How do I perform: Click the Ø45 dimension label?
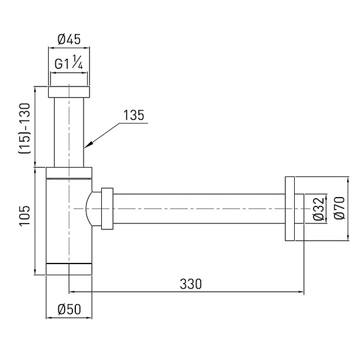pyautogui.click(x=69, y=39)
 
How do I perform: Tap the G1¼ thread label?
pyautogui.click(x=69, y=62)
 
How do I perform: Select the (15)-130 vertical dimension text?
pyautogui.click(x=24, y=129)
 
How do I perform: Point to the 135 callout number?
pyautogui.click(x=134, y=115)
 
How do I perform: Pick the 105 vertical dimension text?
pyautogui.click(x=25, y=216)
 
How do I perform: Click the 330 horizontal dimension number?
pyautogui.click(x=191, y=284)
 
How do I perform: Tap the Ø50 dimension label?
pyautogui.click(x=69, y=309)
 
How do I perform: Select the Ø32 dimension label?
pyautogui.click(x=319, y=209)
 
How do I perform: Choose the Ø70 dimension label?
pyautogui.click(x=339, y=208)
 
